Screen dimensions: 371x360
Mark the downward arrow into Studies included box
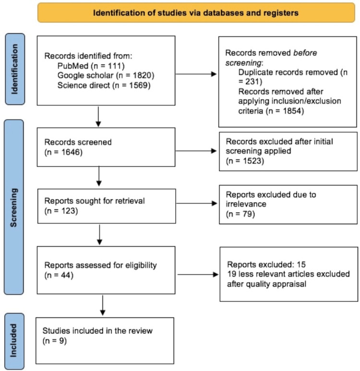(x=103, y=306)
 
